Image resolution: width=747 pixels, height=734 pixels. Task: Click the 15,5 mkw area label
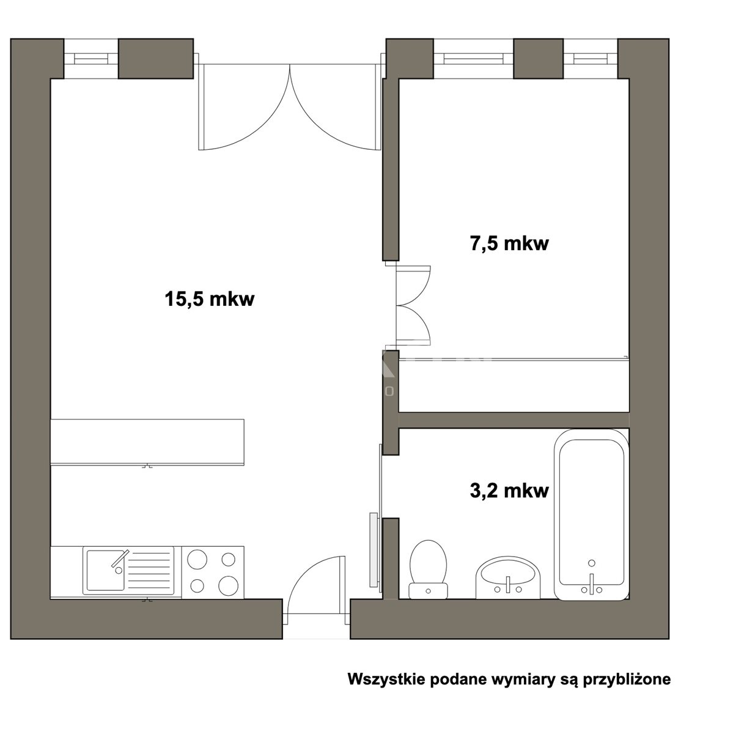[210, 300]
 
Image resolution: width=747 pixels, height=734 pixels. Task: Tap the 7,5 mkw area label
[509, 244]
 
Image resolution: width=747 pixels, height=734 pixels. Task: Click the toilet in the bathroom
[428, 569]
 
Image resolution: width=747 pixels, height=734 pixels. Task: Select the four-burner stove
[213, 573]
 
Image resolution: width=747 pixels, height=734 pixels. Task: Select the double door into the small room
[413, 305]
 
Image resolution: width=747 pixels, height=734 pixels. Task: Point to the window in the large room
[90, 58]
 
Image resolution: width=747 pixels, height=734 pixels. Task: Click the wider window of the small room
[474, 58]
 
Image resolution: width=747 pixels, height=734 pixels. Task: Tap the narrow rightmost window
[590, 58]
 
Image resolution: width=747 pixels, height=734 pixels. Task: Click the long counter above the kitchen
[147, 442]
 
